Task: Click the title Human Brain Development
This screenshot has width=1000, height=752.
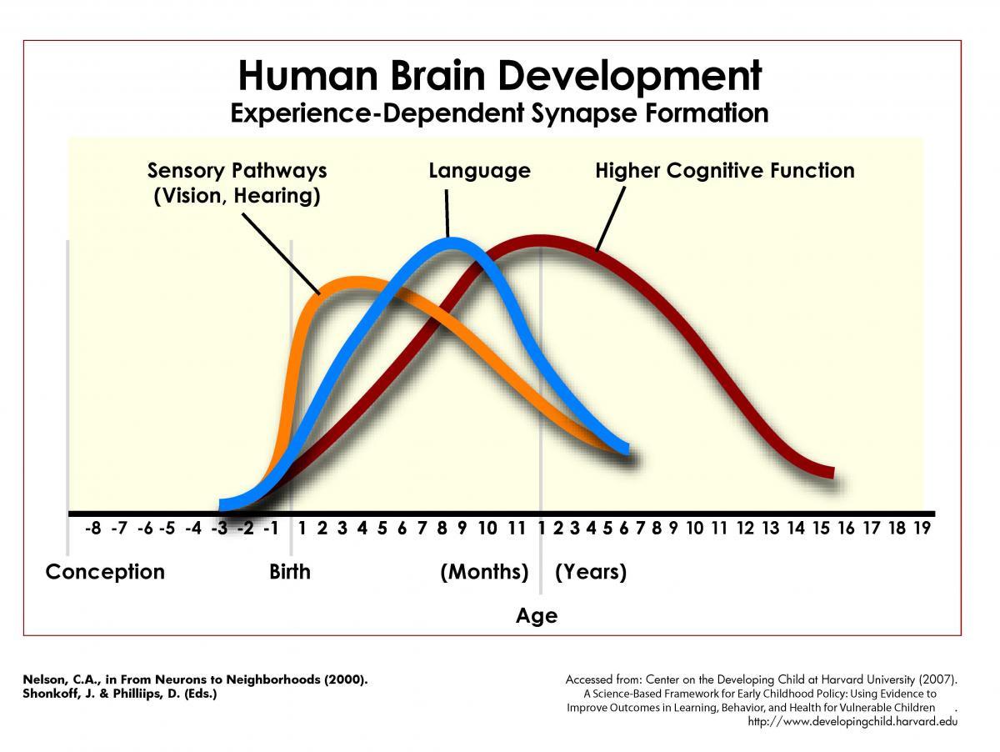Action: pyautogui.click(x=500, y=75)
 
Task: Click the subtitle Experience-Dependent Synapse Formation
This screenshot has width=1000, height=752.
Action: pyautogui.click(x=500, y=113)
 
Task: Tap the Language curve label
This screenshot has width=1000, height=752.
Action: pyautogui.click(x=479, y=171)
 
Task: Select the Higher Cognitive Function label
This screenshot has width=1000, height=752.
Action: pyautogui.click(x=724, y=171)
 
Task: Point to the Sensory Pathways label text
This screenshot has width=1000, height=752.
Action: pyautogui.click(x=237, y=171)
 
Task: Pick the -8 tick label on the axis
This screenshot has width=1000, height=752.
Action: pyautogui.click(x=93, y=528)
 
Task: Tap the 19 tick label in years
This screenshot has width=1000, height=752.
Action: pyautogui.click(x=921, y=528)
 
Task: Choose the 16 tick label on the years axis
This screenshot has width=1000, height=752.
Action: pyautogui.click(x=847, y=528)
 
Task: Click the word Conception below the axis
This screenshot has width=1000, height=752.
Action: pyautogui.click(x=105, y=572)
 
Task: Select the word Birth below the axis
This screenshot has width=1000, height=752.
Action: pyautogui.click(x=290, y=572)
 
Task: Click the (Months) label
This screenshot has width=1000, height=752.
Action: pyautogui.click(x=484, y=572)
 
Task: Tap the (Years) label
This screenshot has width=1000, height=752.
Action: pyautogui.click(x=591, y=572)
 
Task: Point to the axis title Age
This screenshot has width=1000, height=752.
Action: pyautogui.click(x=537, y=616)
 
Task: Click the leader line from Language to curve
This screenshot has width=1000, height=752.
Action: pyautogui.click(x=447, y=213)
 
